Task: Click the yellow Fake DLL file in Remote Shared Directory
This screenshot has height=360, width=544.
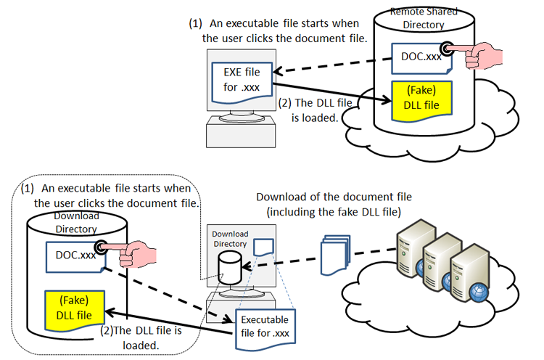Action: pos(421,100)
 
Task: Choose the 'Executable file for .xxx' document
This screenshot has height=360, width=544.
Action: pos(264,326)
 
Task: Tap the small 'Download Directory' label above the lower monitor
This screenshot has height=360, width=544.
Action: pos(230,239)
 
